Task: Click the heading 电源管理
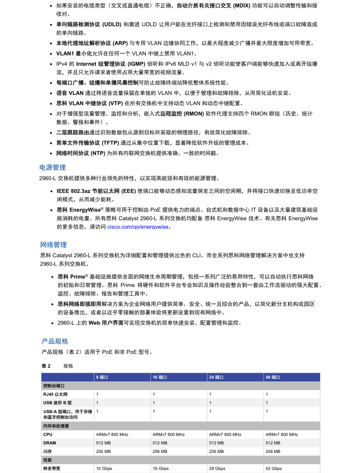click(x=53, y=167)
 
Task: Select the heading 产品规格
click(x=55, y=341)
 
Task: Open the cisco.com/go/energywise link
click(x=138, y=226)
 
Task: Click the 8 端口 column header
click(x=102, y=377)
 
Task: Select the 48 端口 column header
click(x=273, y=377)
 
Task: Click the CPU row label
click(x=47, y=434)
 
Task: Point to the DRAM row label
click(x=50, y=442)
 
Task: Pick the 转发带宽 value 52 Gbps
click(x=273, y=468)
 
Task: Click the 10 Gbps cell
click(x=104, y=468)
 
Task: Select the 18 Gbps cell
click(x=160, y=468)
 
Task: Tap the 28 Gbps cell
click(x=217, y=468)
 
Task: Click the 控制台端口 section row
click(x=53, y=386)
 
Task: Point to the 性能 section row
click(x=47, y=460)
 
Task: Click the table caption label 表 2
click(x=46, y=366)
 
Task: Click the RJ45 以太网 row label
click(x=55, y=394)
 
